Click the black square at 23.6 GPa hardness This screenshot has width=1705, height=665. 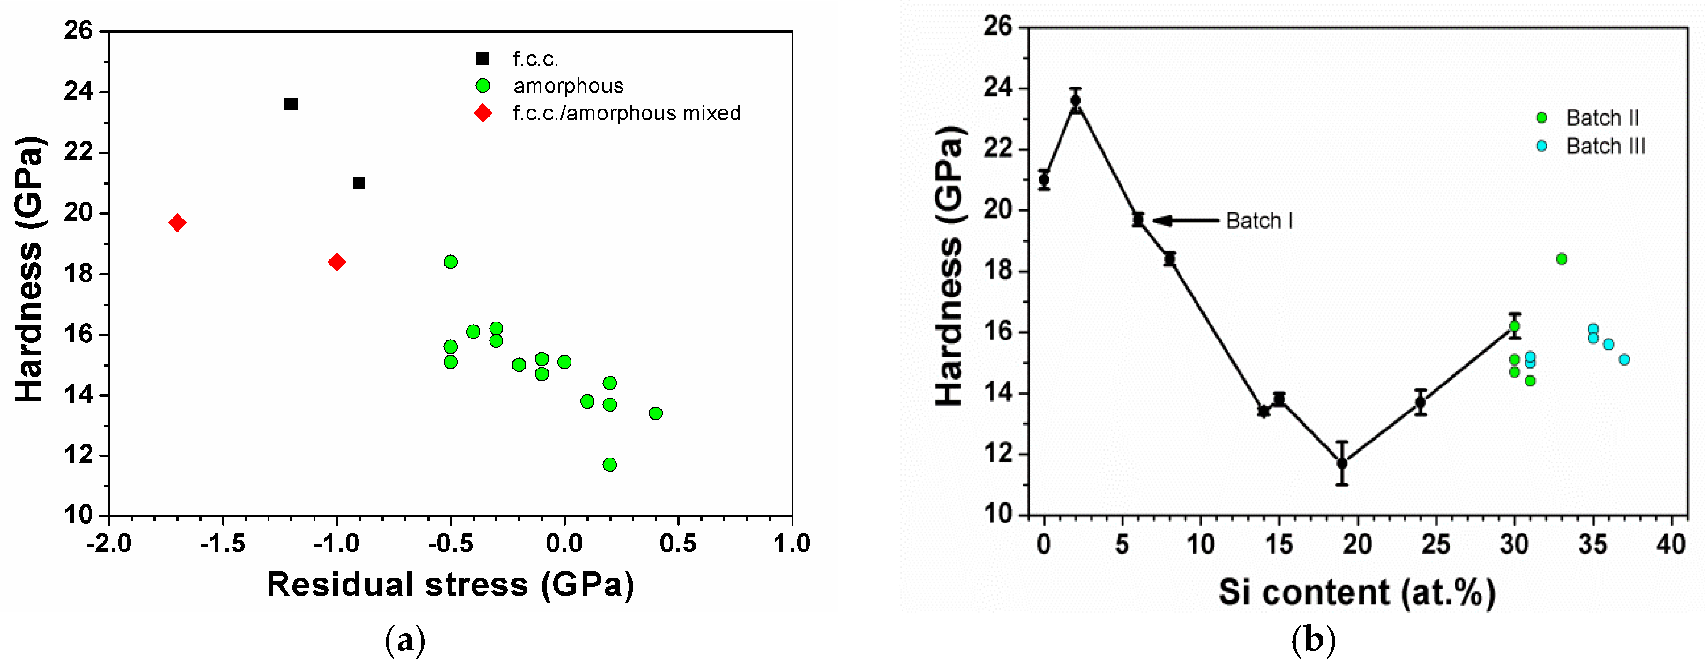[x=291, y=104]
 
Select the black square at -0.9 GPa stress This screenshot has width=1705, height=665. [x=359, y=183]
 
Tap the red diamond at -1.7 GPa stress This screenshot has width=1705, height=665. [x=177, y=222]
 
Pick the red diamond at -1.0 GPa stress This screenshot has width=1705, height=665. [x=336, y=262]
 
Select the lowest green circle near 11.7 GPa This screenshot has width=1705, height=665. [x=610, y=464]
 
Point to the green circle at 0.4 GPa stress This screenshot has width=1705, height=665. [x=655, y=414]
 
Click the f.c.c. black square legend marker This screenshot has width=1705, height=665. [x=482, y=59]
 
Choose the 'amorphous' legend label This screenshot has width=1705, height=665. [x=568, y=86]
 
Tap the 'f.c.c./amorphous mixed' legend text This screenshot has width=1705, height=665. [x=626, y=113]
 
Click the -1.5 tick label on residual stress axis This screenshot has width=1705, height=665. [x=223, y=544]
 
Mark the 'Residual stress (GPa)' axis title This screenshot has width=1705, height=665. [x=450, y=585]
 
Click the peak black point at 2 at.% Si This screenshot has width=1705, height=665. [x=1076, y=101]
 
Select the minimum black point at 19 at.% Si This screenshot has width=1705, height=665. [x=1342, y=463]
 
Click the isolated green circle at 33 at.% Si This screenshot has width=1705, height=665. [x=1561, y=259]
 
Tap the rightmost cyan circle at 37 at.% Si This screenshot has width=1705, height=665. [x=1624, y=359]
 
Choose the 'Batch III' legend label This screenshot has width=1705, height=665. [x=1605, y=146]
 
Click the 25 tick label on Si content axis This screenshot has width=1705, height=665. [x=1436, y=545]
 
